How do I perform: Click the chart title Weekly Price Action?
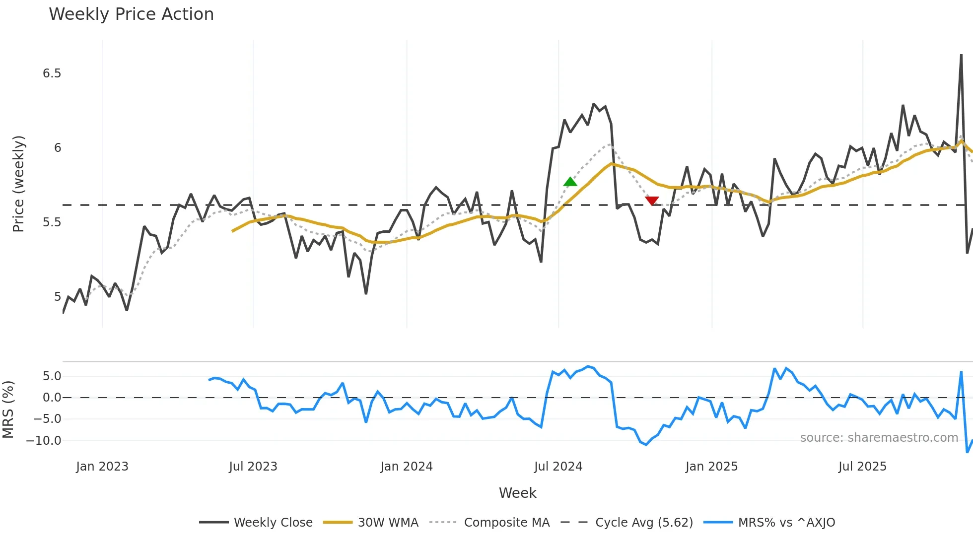tap(131, 14)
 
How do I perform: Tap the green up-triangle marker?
tap(570, 182)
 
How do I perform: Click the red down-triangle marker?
tap(652, 201)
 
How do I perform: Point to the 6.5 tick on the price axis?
tap(52, 73)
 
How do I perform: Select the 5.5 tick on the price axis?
tap(52, 222)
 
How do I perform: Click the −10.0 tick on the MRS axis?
tap(44, 440)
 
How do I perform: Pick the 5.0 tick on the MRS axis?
tap(52, 376)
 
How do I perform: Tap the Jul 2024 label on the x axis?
tap(558, 467)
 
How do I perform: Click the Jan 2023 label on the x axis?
tap(102, 467)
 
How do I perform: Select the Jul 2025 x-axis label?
tap(862, 467)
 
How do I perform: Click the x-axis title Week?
tap(517, 493)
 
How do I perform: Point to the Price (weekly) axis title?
tap(18, 184)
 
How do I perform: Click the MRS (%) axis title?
tap(8, 410)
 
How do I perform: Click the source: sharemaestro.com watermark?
tap(879, 438)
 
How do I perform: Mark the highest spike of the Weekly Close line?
tap(961, 55)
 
